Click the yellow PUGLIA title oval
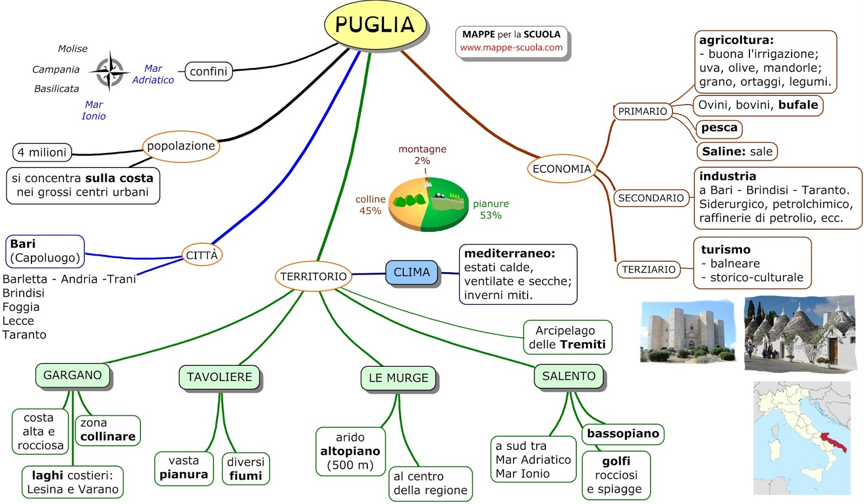(375, 25)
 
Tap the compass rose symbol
(110, 71)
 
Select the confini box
(208, 71)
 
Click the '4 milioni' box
(42, 152)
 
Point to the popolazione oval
(181, 146)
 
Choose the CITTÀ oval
(201, 256)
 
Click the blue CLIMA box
(411, 272)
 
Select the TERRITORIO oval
(313, 277)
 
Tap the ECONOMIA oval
(562, 169)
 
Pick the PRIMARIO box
(643, 111)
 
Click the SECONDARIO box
(651, 198)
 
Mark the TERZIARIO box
(649, 269)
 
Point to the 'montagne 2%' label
(422, 154)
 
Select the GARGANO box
(72, 375)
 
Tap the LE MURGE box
(399, 378)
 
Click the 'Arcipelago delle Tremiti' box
(567, 338)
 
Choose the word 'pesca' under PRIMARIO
(719, 128)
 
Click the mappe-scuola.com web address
(511, 48)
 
